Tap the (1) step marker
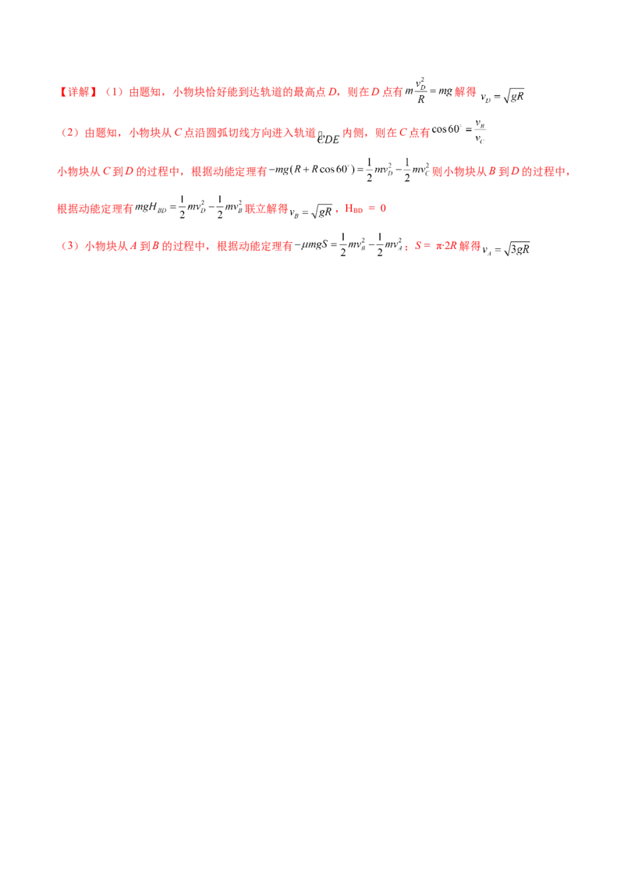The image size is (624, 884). [114, 93]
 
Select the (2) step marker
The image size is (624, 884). [67, 134]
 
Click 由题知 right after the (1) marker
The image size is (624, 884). [140, 93]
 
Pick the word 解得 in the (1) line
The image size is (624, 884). [465, 93]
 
